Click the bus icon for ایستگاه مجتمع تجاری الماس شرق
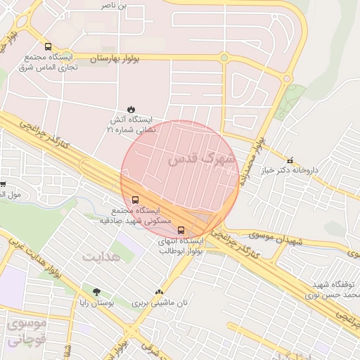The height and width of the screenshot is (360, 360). [x=47, y=46]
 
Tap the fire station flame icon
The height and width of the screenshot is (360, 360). [x=131, y=108]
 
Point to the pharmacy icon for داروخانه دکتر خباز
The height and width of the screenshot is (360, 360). [x=290, y=160]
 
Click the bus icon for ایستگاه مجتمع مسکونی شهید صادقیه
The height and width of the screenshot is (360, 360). [x=136, y=199]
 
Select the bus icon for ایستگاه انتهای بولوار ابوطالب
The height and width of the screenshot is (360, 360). [x=181, y=229]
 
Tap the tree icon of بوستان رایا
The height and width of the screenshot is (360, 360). [x=96, y=292]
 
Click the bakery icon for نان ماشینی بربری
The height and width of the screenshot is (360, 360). [x=159, y=292]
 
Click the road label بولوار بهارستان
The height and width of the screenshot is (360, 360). [x=114, y=58]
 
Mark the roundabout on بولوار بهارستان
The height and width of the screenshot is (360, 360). [x=224, y=58]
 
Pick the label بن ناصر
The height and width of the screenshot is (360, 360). [x=115, y=6]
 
